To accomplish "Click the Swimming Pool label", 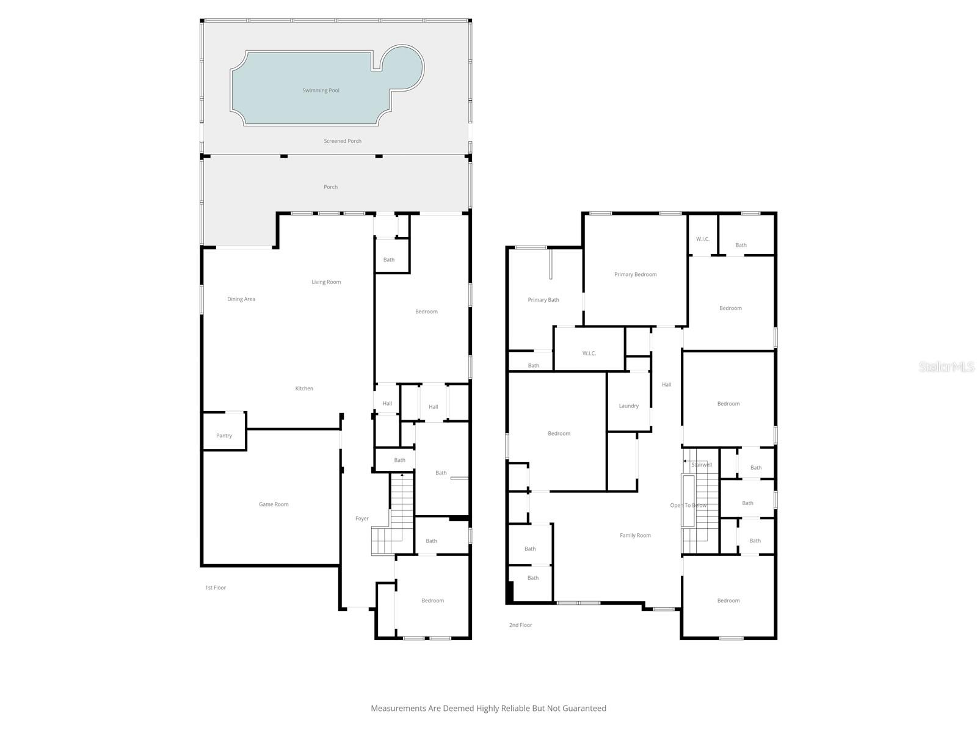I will pyautogui.click(x=321, y=90).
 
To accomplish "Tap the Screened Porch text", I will pyautogui.click(x=343, y=141).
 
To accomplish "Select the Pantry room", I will pyautogui.click(x=224, y=436).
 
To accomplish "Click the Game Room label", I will pyautogui.click(x=274, y=505).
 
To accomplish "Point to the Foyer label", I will pyautogui.click(x=362, y=519).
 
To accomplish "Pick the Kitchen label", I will pyautogui.click(x=304, y=388).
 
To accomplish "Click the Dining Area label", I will pyautogui.click(x=241, y=299).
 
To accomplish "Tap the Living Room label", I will pyautogui.click(x=326, y=282).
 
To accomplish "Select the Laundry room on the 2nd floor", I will pyautogui.click(x=628, y=406).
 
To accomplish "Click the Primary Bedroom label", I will pyautogui.click(x=636, y=274).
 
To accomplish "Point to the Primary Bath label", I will pyautogui.click(x=543, y=300).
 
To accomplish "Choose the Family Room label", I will pyautogui.click(x=635, y=536).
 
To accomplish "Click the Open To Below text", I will pyautogui.click(x=688, y=505).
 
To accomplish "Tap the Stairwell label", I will pyautogui.click(x=702, y=465).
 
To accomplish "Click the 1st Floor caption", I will pyautogui.click(x=216, y=588).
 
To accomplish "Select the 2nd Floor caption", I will pyautogui.click(x=521, y=625).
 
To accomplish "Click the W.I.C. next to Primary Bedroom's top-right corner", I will pyautogui.click(x=703, y=239).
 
